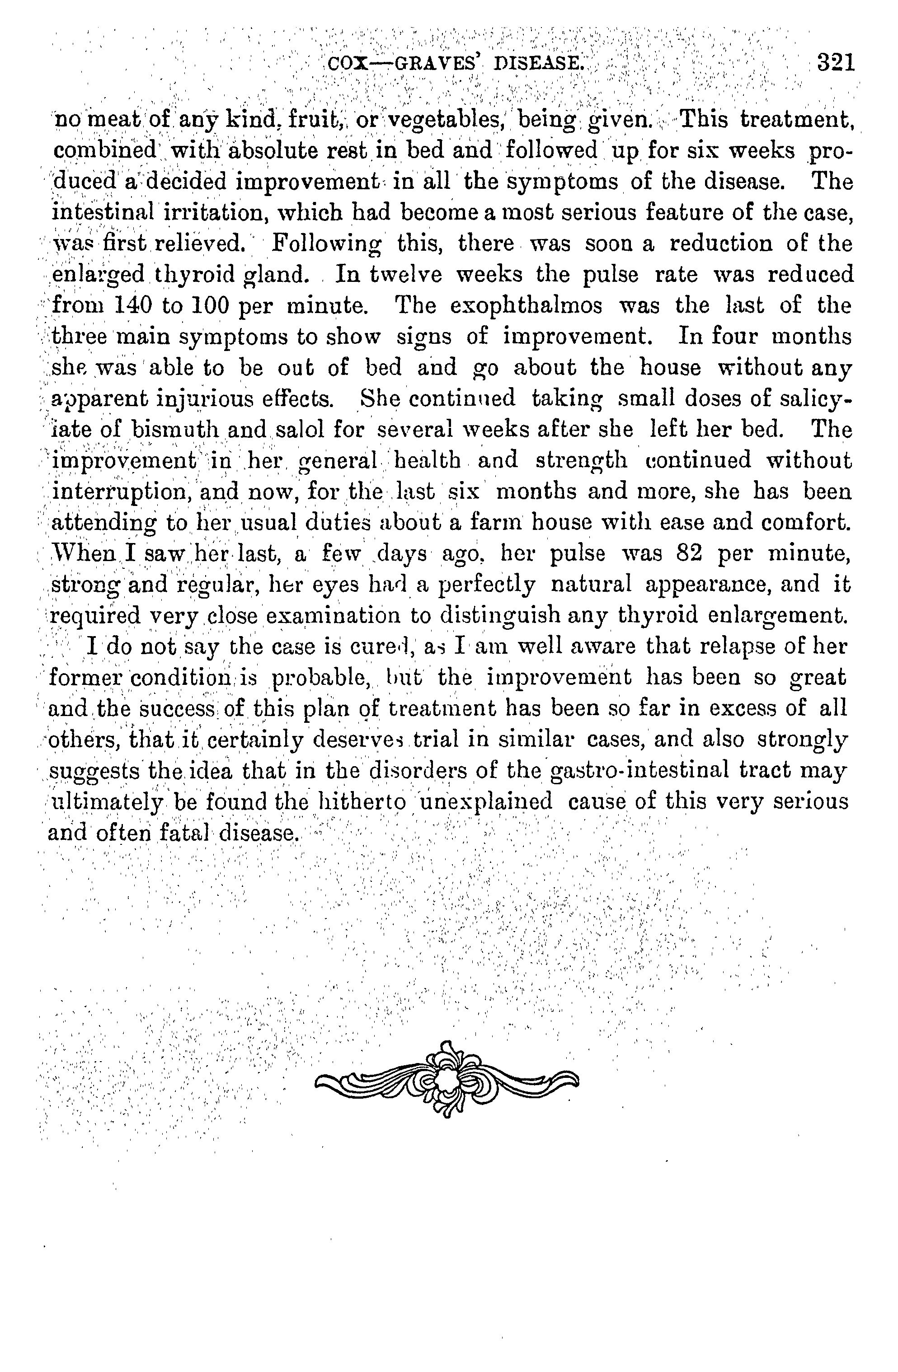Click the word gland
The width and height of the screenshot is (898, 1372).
[277, 274]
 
